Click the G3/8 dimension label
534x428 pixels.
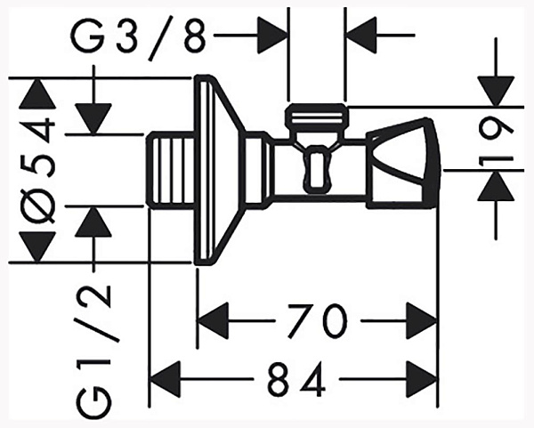tap(143, 37)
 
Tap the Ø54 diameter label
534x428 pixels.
tap(39, 169)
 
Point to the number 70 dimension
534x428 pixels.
tap(318, 319)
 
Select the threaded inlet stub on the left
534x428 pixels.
tap(169, 170)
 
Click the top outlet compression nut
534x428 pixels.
tap(317, 117)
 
